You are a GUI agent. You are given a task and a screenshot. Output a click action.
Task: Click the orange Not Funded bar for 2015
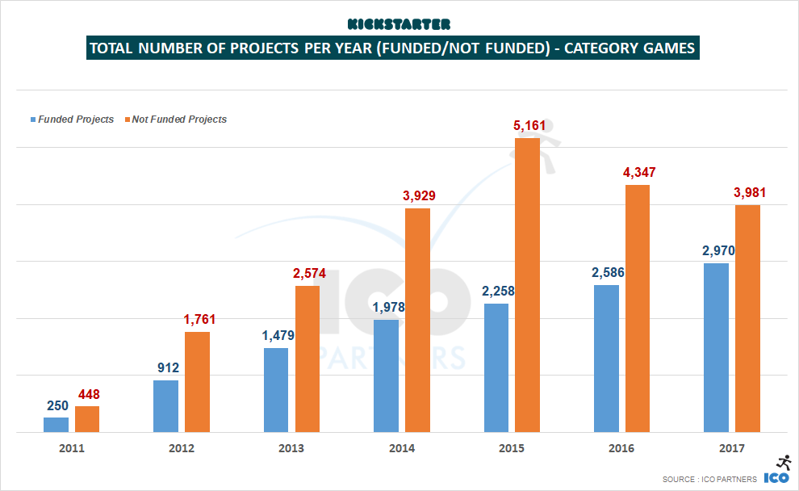click(527, 285)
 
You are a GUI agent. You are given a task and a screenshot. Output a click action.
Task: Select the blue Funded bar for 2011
click(56, 425)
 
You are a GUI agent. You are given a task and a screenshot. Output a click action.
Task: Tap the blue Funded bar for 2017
click(716, 347)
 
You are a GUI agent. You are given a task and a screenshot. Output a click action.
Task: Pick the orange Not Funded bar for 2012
click(197, 382)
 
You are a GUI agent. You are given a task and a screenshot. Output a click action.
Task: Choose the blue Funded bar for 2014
click(386, 376)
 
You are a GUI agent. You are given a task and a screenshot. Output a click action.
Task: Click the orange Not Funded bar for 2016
click(638, 308)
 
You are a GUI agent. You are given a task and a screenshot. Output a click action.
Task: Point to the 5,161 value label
click(529, 126)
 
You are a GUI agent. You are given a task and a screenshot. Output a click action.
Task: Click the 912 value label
click(168, 368)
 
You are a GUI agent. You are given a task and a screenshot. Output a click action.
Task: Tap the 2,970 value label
click(717, 251)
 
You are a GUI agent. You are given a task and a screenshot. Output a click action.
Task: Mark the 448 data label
click(89, 395)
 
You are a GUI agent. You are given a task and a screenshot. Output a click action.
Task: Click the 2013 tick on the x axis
click(291, 448)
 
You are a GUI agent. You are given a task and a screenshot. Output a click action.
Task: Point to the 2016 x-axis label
click(621, 448)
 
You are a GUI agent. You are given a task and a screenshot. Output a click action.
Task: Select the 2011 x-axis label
click(71, 448)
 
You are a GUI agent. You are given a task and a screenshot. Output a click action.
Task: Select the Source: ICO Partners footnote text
click(709, 479)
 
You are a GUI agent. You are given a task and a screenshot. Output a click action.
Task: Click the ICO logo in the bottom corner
click(777, 471)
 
